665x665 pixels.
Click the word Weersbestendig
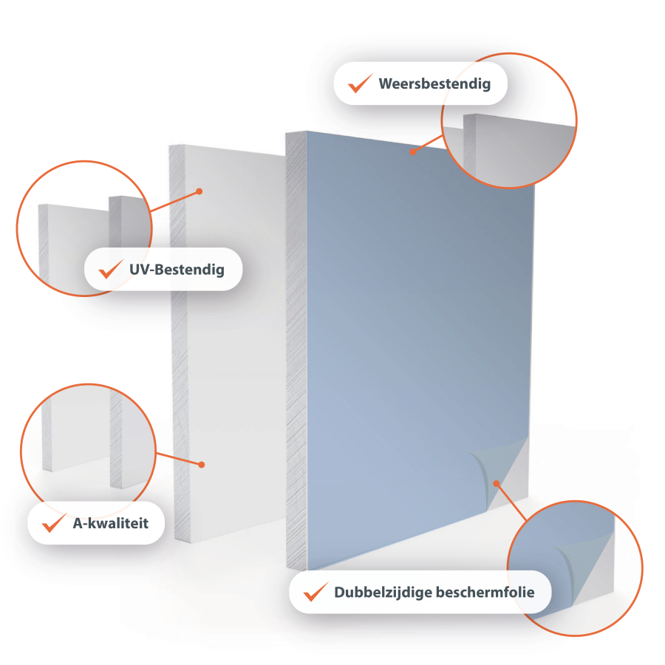434,83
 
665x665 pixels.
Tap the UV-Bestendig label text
177,269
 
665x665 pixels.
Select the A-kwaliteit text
111,523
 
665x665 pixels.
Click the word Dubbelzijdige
383,592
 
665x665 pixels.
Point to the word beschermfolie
485,592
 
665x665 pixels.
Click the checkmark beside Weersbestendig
360,83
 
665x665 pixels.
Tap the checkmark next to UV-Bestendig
111,269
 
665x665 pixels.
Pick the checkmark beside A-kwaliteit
54,522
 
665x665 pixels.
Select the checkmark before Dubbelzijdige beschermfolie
316,592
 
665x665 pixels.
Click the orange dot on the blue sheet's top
412,151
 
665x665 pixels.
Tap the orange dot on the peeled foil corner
497,483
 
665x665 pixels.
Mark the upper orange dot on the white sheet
199,191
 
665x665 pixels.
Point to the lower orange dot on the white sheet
202,465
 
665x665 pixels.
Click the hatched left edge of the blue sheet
296,350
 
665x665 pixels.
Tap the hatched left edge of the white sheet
179,344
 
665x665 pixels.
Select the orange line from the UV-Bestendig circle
174,201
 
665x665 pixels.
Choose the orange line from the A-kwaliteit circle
179,459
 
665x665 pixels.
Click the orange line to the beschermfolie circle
511,502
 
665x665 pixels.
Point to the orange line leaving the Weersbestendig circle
428,143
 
